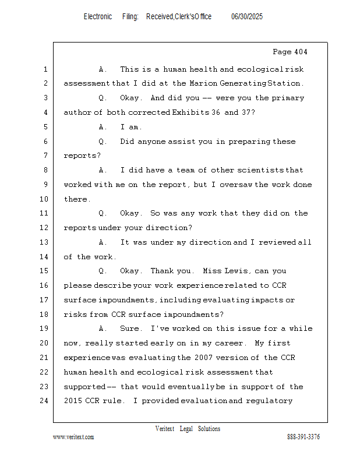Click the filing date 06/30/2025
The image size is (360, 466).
pyautogui.click(x=247, y=17)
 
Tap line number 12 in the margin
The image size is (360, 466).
pyautogui.click(x=44, y=228)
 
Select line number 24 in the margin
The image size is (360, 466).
pyautogui.click(x=44, y=401)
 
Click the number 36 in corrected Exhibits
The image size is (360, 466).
pyautogui.click(x=216, y=112)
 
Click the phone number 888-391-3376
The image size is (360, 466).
pyautogui.click(x=303, y=437)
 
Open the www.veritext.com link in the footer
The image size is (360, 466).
pyautogui.click(x=73, y=437)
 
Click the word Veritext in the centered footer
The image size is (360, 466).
pyautogui.click(x=164, y=429)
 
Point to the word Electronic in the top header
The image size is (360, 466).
pyautogui.click(x=98, y=17)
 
